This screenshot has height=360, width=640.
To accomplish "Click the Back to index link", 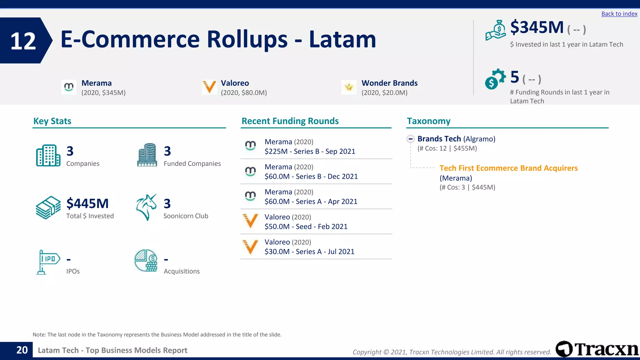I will pyautogui.click(x=619, y=14).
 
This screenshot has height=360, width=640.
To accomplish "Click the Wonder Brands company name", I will pyautogui.click(x=389, y=83).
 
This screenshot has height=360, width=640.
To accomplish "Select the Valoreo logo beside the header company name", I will pyautogui.click(x=209, y=87).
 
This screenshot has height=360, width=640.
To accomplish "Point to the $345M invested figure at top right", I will pyautogui.click(x=537, y=27).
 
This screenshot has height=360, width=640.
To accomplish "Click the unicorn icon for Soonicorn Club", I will pyautogui.click(x=146, y=207).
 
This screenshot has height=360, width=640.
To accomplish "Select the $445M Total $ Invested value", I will pyautogui.click(x=87, y=203).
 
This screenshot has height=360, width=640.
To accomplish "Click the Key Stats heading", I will pyautogui.click(x=52, y=121).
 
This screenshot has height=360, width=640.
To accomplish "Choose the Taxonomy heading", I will pyautogui.click(x=428, y=121).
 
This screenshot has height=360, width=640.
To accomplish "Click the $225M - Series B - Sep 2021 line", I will pyautogui.click(x=310, y=152).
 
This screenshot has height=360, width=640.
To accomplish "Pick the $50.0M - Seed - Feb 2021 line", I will pyautogui.click(x=306, y=227).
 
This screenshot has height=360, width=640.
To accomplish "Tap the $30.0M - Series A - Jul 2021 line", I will pyautogui.click(x=309, y=252).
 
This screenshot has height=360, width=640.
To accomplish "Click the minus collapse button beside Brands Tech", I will pyautogui.click(x=411, y=139).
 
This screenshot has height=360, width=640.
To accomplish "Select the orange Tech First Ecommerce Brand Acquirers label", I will pyautogui.click(x=508, y=168).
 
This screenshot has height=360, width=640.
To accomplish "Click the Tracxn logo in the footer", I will pyautogui.click(x=597, y=349).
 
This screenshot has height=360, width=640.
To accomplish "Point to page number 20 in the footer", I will pyautogui.click(x=22, y=350).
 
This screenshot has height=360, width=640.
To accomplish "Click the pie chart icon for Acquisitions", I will pyautogui.click(x=146, y=260).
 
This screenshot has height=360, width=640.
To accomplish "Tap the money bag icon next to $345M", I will pyautogui.click(x=496, y=30).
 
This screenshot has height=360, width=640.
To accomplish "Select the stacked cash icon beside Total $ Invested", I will pyautogui.click(x=48, y=207).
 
